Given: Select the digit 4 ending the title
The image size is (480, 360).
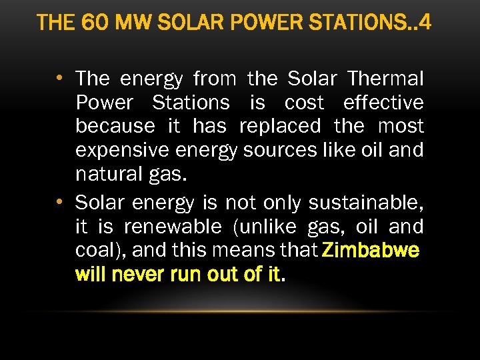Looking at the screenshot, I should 425,23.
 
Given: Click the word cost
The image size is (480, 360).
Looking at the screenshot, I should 304,103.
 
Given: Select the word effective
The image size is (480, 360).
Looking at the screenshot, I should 383,103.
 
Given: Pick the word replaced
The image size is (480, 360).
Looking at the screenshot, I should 280,127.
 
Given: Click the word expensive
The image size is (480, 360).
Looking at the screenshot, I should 119,151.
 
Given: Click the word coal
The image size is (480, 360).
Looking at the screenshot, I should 95,251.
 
